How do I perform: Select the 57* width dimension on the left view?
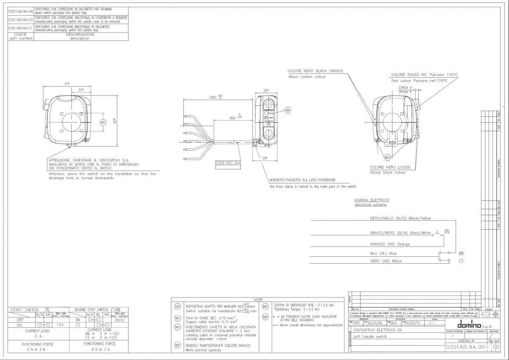coord(67,84)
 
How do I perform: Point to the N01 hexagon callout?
coord(102,123)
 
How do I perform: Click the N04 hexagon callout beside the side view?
coord(288,110)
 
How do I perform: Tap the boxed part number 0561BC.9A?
coord(228,163)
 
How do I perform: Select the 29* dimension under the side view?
coord(264,158)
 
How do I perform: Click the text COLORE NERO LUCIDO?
coord(390,167)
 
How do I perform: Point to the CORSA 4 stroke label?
coord(405,87)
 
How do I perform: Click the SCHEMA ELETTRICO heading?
coord(372,200)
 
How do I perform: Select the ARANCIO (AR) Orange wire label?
coord(390,244)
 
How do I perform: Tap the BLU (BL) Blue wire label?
coord(383,253)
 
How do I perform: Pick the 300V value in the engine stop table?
coord(119,320)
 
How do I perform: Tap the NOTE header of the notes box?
coord(257,300)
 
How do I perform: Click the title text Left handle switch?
coord(370,337)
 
